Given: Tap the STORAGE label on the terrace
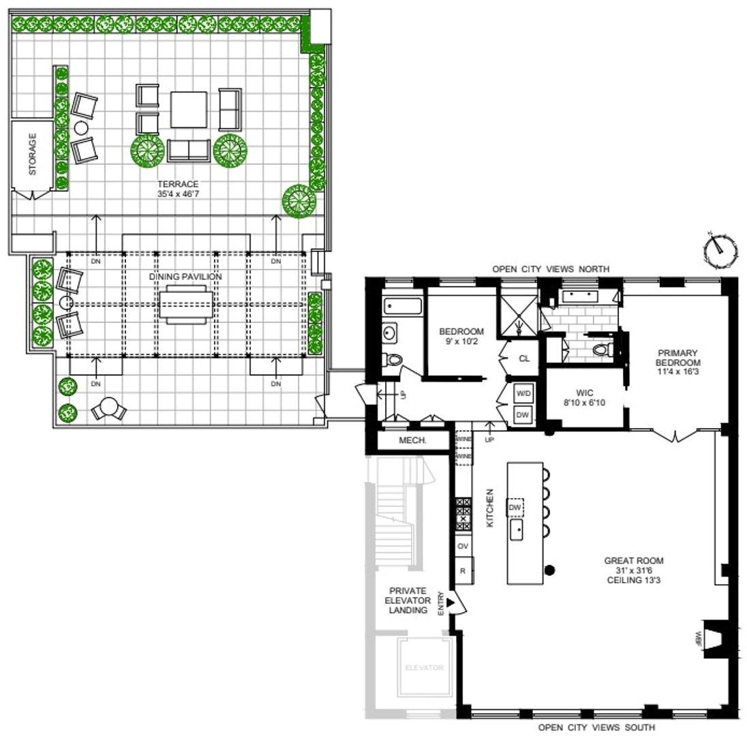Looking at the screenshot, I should tap(32, 155).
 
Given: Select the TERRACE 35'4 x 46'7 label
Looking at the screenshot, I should tap(178, 189).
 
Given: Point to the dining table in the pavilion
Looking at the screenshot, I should tap(185, 304).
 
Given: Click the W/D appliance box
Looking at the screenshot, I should tap(523, 394).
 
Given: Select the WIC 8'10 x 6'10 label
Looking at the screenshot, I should tap(585, 397).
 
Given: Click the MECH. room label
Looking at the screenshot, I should tap(412, 441).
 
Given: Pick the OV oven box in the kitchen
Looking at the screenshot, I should tap(463, 546).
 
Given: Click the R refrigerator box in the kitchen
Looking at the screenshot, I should tap(463, 572).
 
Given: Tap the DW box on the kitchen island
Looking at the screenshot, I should tap(515, 508).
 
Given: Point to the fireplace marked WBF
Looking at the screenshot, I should tap(714, 639).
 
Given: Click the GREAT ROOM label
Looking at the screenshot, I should tap(633, 570).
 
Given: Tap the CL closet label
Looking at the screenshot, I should tap(524, 358).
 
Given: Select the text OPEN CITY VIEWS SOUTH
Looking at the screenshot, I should tap(597, 727).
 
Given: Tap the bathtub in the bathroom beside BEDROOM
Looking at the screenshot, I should tap(402, 305).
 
